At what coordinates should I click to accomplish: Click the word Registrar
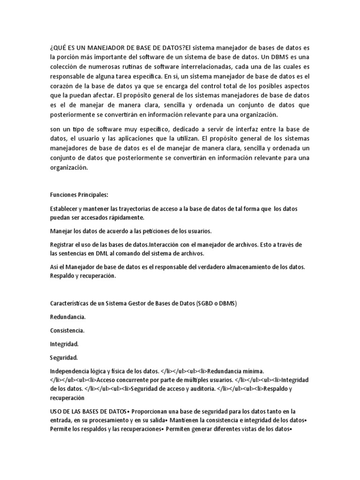63,244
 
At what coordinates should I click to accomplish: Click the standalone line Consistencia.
67,330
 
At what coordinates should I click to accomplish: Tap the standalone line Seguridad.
64,358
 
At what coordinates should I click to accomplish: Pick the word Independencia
70,371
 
